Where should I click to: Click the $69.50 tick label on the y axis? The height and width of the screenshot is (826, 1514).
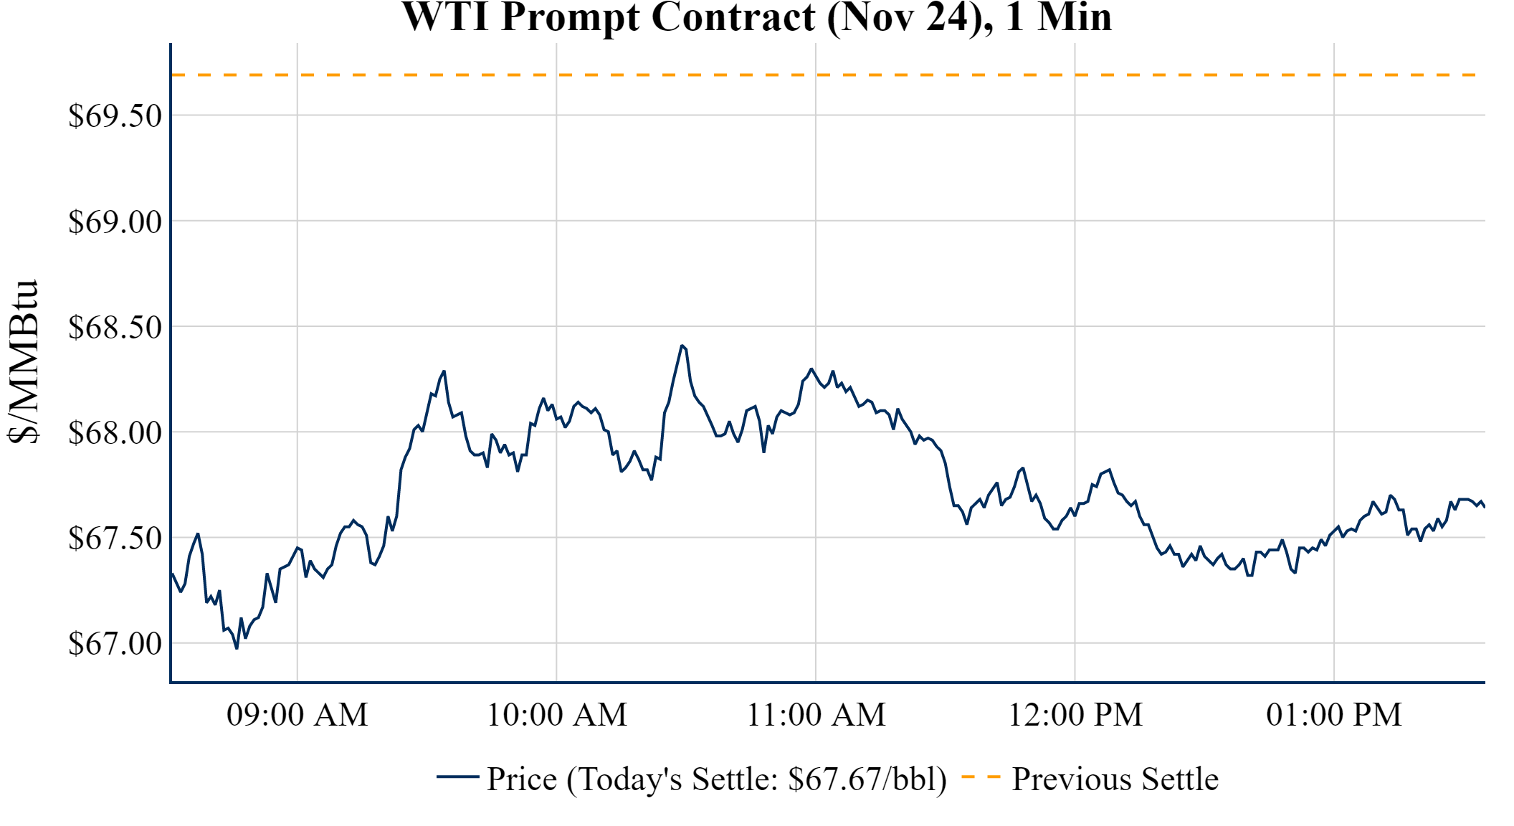[115, 116]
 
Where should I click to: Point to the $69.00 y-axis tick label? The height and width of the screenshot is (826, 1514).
[115, 222]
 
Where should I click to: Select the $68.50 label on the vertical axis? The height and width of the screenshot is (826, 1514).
[115, 328]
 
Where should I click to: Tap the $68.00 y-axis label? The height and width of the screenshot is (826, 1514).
[115, 433]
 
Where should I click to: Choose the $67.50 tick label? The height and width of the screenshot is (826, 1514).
[115, 538]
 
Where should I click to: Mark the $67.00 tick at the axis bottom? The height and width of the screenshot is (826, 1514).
[115, 644]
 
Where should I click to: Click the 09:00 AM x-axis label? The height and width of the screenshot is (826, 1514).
[297, 715]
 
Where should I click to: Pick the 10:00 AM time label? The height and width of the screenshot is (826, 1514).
[556, 715]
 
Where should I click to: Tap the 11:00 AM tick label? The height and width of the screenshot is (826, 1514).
[816, 715]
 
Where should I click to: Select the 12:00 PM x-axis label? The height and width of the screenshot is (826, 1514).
[1075, 715]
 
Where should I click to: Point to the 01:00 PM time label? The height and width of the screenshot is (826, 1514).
[1334, 715]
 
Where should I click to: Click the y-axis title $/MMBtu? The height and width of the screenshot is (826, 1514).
[24, 361]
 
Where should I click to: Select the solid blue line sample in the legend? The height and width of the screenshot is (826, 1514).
[457, 777]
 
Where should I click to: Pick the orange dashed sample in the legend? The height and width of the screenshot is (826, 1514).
[980, 777]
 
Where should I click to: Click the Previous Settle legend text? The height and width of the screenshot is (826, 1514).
[1115, 779]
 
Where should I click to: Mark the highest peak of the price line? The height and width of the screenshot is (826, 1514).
[682, 346]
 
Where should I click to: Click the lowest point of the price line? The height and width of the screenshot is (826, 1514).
[237, 648]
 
